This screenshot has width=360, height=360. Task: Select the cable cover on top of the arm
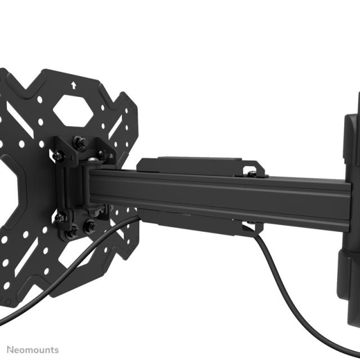click(x=191, y=164)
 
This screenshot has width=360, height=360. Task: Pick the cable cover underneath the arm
click(x=191, y=217)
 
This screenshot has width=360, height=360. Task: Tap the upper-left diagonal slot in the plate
click(x=34, y=96)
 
